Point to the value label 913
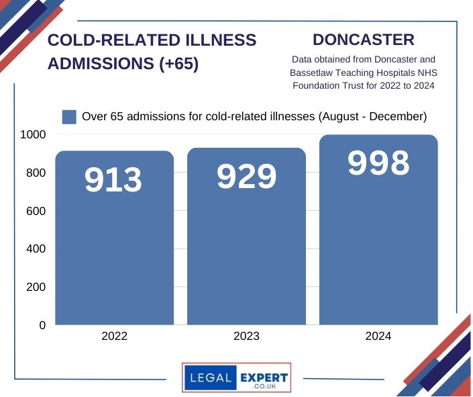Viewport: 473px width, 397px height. [114, 180]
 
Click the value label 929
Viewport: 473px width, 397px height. [246, 177]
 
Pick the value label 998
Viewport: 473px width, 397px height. [378, 163]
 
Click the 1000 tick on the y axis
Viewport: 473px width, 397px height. [33, 134]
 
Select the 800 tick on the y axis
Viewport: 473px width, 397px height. [36, 173]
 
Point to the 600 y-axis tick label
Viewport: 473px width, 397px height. [36, 211]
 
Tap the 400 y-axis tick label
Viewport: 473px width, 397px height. [36, 249]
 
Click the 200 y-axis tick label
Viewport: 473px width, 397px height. [36, 287]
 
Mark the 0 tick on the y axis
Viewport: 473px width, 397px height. [42, 325]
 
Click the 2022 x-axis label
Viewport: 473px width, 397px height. [114, 337]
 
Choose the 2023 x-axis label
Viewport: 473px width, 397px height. [246, 337]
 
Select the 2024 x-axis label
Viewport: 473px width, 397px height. [378, 337]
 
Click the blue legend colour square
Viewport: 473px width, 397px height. [69, 117]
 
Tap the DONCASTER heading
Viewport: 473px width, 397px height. [363, 40]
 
